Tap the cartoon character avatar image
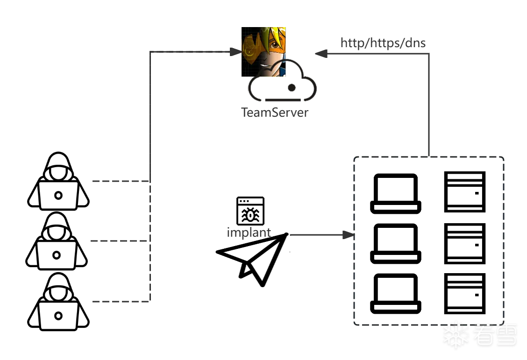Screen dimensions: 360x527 264,52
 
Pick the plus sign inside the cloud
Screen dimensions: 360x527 292,87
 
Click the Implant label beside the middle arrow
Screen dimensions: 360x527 248,232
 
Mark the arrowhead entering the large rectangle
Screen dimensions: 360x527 346,235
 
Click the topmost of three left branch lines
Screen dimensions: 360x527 120,181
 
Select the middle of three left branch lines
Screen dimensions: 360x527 120,241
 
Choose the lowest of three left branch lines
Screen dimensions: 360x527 120,301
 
